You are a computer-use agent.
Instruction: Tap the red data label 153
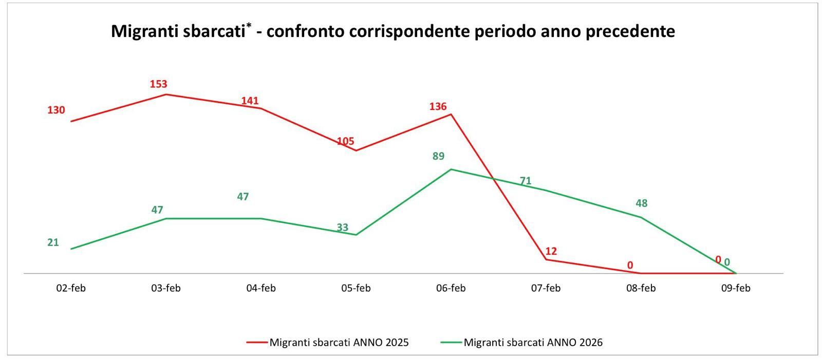click(159, 84)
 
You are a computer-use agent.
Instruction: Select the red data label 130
click(57, 110)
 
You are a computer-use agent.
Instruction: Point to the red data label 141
click(250, 101)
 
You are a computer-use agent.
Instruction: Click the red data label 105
click(346, 141)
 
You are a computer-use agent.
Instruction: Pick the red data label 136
click(438, 106)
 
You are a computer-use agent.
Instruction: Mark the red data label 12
click(551, 251)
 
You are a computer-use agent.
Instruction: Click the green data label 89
click(438, 156)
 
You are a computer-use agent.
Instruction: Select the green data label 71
click(526, 181)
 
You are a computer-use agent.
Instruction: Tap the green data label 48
click(641, 203)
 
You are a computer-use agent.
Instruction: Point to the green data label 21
click(53, 242)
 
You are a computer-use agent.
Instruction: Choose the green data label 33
click(343, 227)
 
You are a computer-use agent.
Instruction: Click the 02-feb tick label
click(71, 288)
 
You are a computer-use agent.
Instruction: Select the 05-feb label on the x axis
click(356, 288)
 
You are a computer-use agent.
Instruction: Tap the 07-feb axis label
click(546, 288)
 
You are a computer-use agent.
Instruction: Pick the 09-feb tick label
click(736, 288)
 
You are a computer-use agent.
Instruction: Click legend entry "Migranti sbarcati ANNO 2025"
click(339, 343)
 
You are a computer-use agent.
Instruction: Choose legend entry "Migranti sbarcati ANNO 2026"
click(533, 343)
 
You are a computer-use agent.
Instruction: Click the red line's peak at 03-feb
click(166, 94)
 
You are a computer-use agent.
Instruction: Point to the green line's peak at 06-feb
click(451, 169)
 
